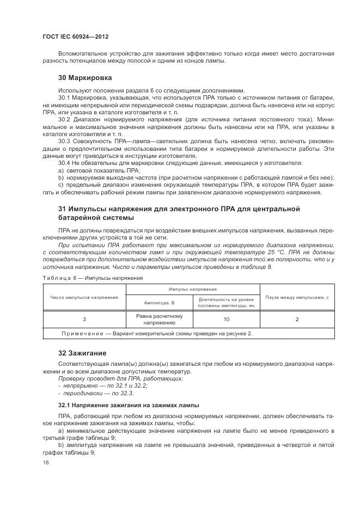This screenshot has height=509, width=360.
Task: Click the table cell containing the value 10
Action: [x=225, y=320]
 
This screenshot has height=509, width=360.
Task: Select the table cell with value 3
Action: [x=84, y=320]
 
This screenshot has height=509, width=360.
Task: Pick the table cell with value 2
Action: [x=297, y=320]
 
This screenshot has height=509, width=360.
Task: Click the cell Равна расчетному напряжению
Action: [x=159, y=320]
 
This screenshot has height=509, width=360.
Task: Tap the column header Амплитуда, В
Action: [x=159, y=302]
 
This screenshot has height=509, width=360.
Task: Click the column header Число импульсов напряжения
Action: [x=84, y=297]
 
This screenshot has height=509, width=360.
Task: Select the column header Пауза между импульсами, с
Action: [x=297, y=297]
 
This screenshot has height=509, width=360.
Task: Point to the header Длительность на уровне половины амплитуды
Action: [x=225, y=302]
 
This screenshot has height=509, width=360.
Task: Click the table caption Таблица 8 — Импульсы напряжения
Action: [x=92, y=278]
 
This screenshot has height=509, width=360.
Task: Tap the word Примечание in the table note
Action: [x=82, y=333]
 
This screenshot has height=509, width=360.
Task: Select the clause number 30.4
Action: [x=64, y=163]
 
